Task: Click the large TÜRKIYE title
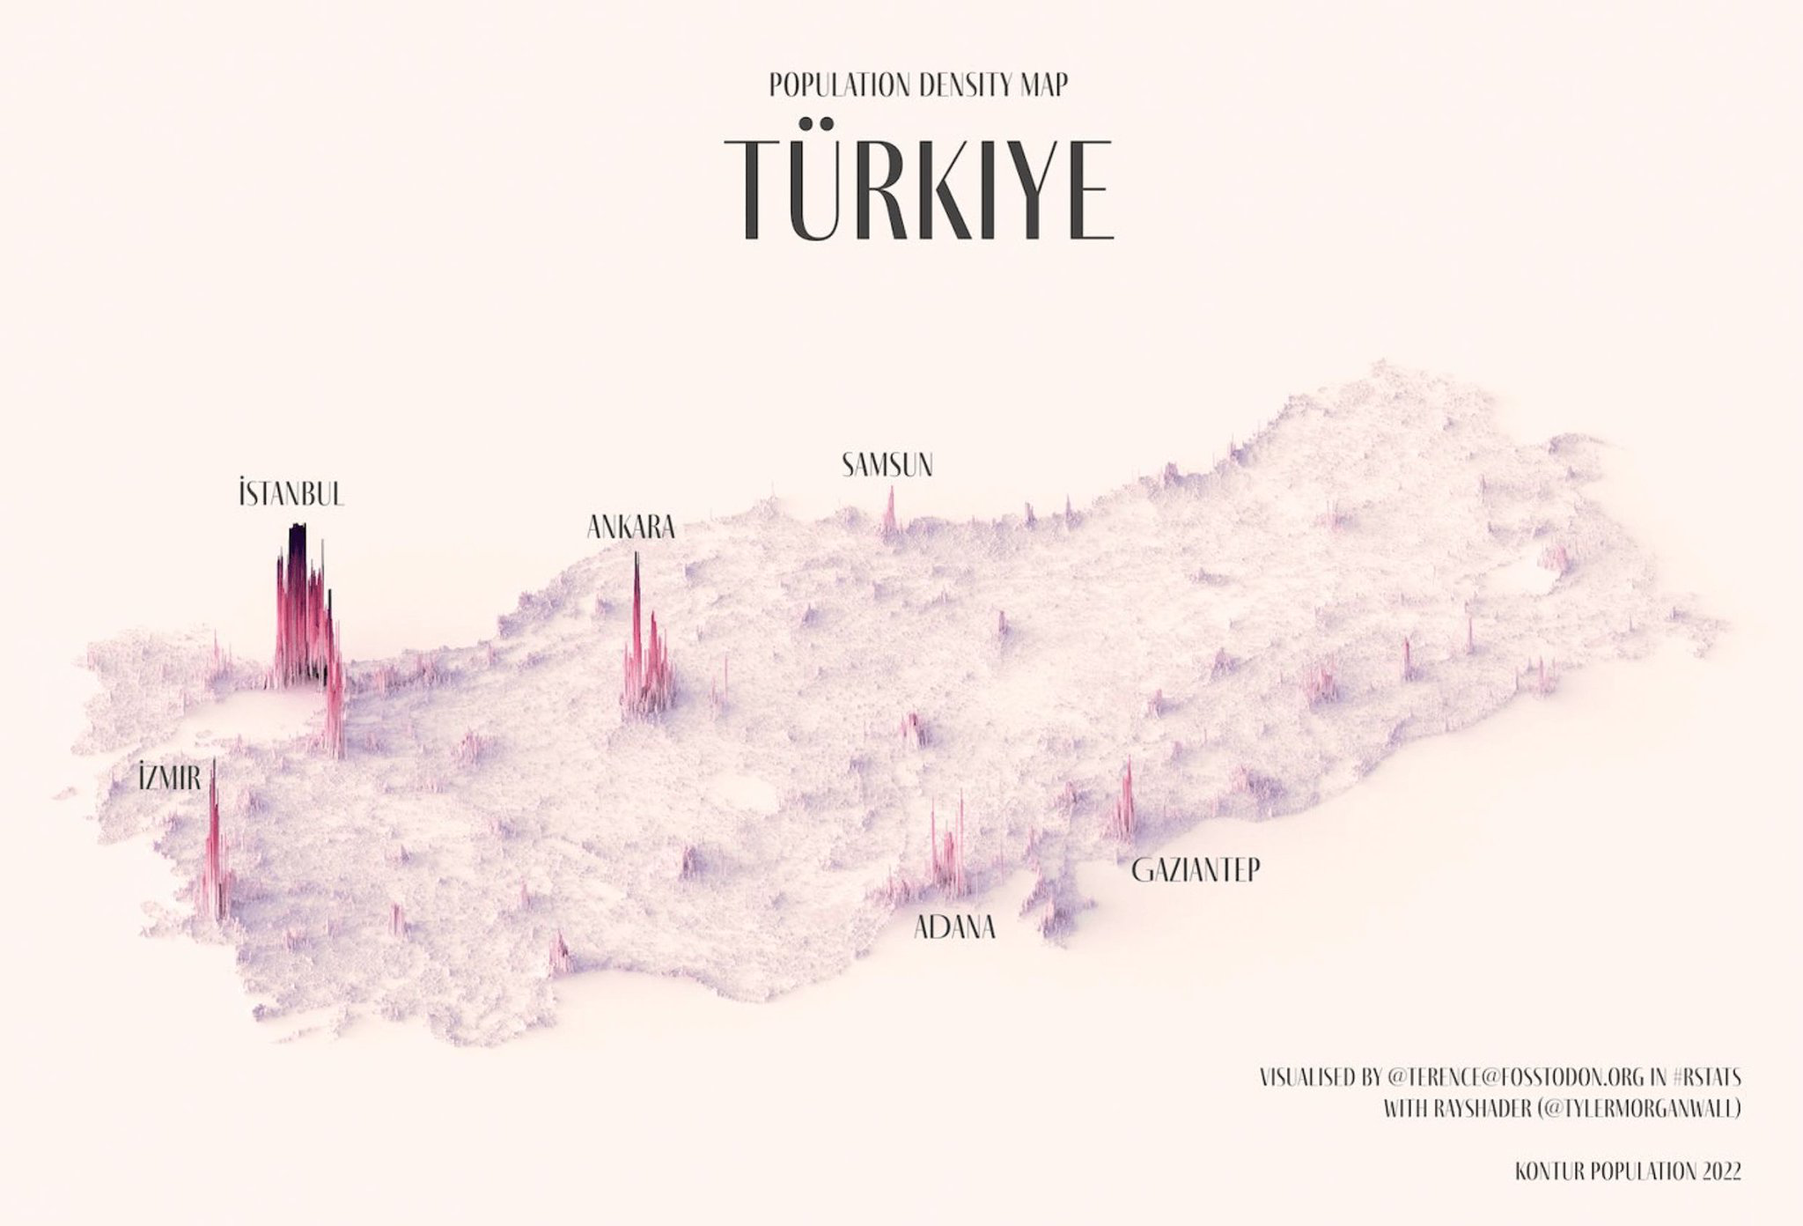click(920, 187)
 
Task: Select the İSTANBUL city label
click(291, 494)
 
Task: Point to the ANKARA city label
click(630, 528)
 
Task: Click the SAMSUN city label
click(887, 465)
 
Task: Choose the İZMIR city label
click(170, 778)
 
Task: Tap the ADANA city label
click(955, 927)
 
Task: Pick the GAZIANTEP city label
click(1196, 870)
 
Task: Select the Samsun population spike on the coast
click(890, 511)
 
